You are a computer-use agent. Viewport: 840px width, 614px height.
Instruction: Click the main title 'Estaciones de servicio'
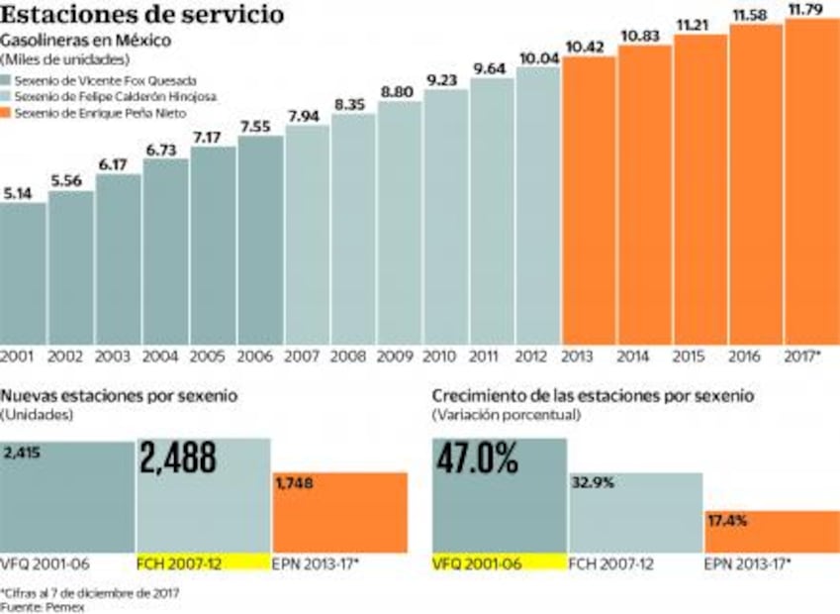pos(143,16)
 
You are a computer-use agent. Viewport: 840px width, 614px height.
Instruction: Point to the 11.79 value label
pos(811,9)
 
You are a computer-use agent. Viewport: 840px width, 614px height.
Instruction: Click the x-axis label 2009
pos(398,355)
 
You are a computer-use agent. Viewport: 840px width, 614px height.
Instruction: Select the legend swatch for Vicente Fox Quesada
pos(7,79)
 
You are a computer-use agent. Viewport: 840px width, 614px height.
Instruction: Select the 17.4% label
pos(728,520)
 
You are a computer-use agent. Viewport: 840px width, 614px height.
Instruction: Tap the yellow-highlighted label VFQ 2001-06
pos(478,563)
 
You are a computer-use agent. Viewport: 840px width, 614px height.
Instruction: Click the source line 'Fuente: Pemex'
pos(43,606)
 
